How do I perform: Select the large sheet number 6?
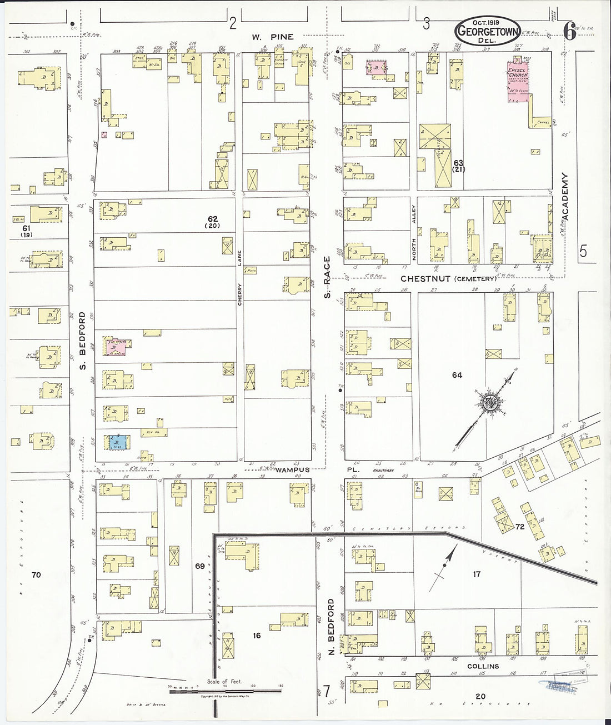pyautogui.click(x=569, y=33)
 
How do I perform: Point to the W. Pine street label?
pyautogui.click(x=272, y=37)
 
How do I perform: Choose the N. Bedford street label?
pyautogui.click(x=331, y=626)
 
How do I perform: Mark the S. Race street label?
pyautogui.click(x=328, y=276)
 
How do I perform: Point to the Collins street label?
pyautogui.click(x=483, y=666)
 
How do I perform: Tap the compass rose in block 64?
pyautogui.click(x=489, y=402)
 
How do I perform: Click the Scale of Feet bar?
pyautogui.click(x=225, y=692)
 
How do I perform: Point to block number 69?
pyautogui.click(x=199, y=566)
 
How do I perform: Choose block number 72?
pyautogui.click(x=520, y=526)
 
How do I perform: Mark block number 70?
pyautogui.click(x=36, y=574)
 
